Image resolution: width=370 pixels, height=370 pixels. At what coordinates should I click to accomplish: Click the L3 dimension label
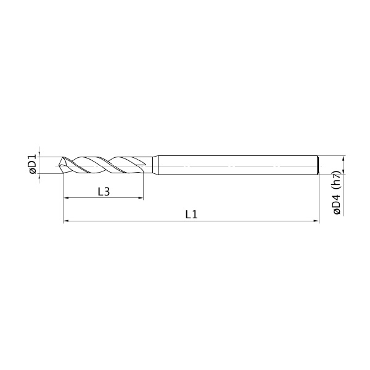(x=104, y=192)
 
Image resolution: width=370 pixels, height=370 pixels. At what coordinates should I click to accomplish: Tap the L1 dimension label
(x=191, y=215)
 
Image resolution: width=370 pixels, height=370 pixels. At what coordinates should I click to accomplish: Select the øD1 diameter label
(x=33, y=165)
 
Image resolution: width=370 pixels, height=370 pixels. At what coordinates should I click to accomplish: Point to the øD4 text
(x=337, y=204)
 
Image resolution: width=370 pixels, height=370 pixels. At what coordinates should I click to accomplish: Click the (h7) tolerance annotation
(x=337, y=181)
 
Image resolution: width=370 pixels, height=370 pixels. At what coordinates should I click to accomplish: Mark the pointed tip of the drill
(x=58, y=165)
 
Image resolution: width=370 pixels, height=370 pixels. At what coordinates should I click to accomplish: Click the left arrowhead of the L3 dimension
(x=66, y=198)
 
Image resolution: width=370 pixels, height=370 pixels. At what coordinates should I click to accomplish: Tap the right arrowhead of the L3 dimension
(x=141, y=198)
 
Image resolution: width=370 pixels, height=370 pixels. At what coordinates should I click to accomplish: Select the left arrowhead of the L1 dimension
(x=66, y=221)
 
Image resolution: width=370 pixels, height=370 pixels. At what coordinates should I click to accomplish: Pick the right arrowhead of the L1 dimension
(x=316, y=221)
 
